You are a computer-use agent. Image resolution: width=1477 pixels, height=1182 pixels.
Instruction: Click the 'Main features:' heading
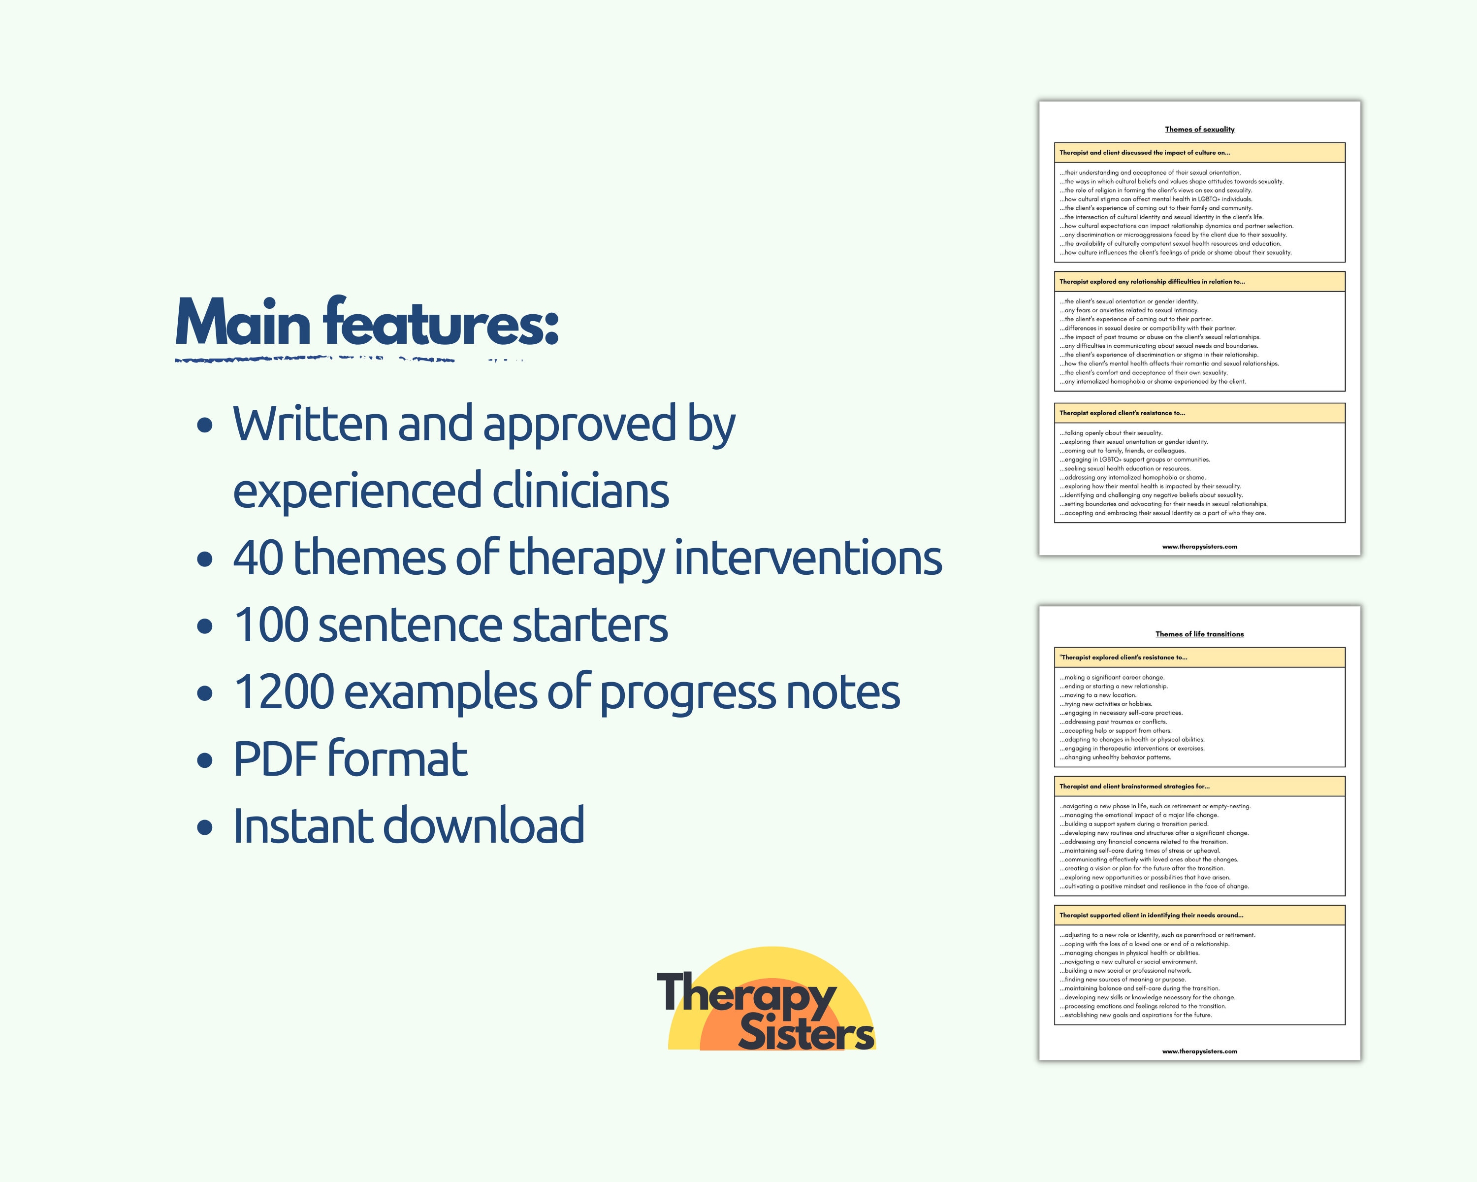click(x=367, y=324)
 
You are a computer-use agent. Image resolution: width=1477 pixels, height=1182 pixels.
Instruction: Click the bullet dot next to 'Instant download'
click(x=204, y=827)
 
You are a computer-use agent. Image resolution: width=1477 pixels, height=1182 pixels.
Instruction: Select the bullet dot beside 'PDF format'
click(x=204, y=760)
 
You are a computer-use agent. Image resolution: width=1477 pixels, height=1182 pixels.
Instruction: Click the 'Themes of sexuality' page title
click(x=1199, y=129)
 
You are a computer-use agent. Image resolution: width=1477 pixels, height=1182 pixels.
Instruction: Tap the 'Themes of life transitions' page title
click(x=1199, y=634)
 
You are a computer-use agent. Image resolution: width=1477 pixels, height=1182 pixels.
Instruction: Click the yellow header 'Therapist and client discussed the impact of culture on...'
click(x=1145, y=152)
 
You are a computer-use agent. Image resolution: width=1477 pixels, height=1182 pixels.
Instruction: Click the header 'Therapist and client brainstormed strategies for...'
click(x=1134, y=786)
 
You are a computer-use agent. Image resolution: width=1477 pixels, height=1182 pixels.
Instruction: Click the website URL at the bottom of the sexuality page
click(x=1199, y=546)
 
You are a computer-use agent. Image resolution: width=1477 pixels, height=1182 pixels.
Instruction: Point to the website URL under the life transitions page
click(x=1199, y=1051)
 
